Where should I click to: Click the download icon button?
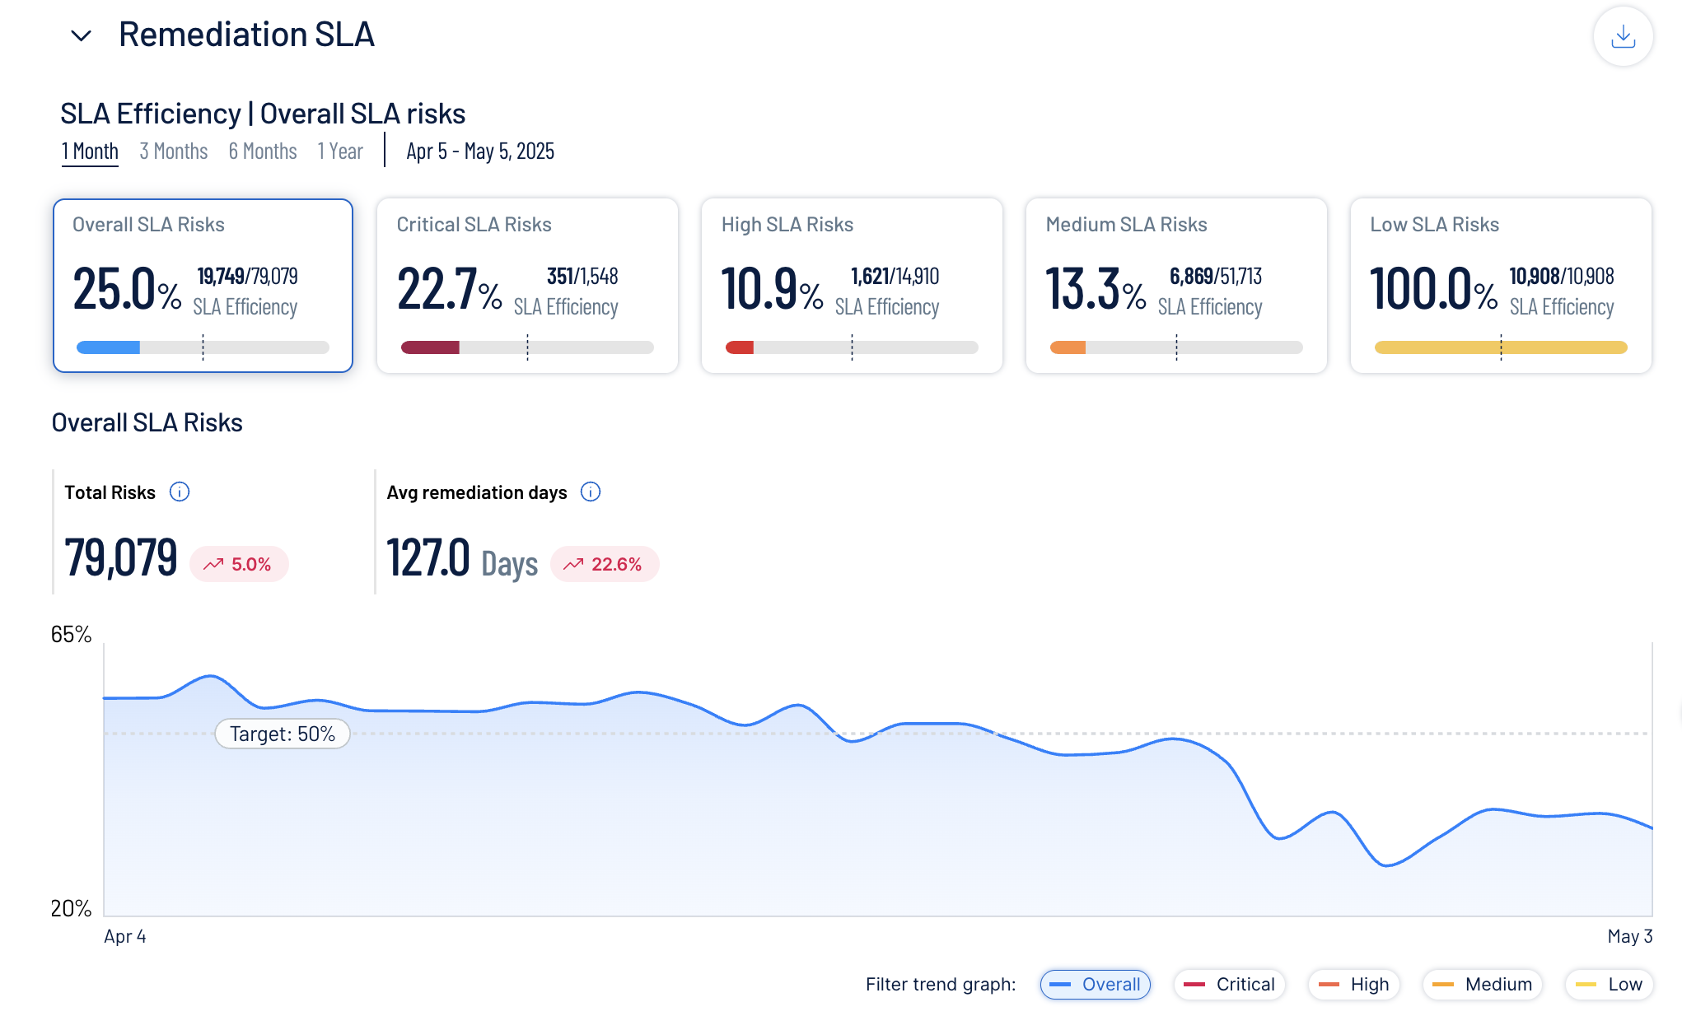[1623, 36]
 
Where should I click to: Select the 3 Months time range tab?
[173, 151]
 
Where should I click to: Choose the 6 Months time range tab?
[263, 151]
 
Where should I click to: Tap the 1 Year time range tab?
[340, 151]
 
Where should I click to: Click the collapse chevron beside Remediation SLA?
[81, 35]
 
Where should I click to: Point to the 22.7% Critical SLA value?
[449, 289]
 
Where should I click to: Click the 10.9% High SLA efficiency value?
[772, 289]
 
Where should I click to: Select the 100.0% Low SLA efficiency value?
[1433, 289]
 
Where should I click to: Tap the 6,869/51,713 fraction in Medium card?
[1215, 277]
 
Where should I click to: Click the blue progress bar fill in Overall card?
[108, 347]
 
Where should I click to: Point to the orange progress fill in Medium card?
[1068, 347]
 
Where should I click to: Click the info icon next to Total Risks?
[180, 492]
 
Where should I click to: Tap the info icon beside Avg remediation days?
[591, 492]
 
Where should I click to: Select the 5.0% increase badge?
[239, 564]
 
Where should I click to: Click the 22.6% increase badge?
[605, 564]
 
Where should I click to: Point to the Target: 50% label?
[283, 734]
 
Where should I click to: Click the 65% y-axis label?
[71, 634]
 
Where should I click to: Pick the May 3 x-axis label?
[1629, 936]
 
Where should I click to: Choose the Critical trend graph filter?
[1229, 984]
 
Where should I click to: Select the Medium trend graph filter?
[1482, 984]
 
